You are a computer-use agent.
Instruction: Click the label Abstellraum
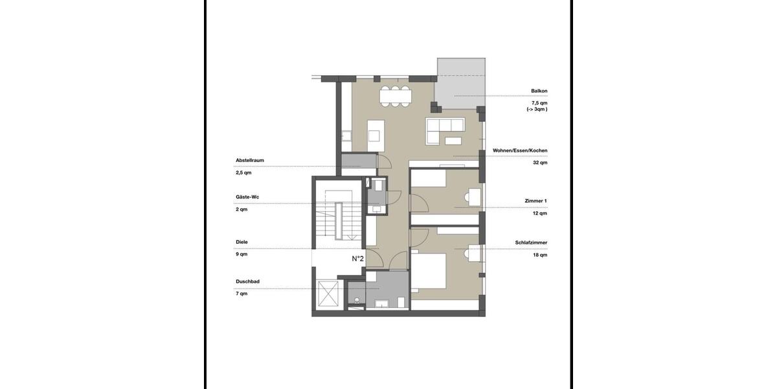[249, 160]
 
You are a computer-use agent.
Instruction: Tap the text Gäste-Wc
[247, 196]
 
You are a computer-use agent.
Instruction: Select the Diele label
[242, 242]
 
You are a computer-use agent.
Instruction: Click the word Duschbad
[247, 282]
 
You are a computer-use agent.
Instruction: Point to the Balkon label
[539, 91]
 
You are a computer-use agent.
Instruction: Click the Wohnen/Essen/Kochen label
[520, 150]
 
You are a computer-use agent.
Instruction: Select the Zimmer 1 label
[536, 201]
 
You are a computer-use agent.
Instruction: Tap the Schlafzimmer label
[531, 242]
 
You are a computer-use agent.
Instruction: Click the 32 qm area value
[539, 163]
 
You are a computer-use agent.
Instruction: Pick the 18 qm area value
[539, 255]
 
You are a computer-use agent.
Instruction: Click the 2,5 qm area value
[243, 173]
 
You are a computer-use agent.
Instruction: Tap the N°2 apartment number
[357, 259]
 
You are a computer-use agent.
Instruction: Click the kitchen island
[375, 130]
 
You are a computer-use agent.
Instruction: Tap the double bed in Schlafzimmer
[428, 272]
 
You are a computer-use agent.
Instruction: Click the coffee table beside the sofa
[453, 140]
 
